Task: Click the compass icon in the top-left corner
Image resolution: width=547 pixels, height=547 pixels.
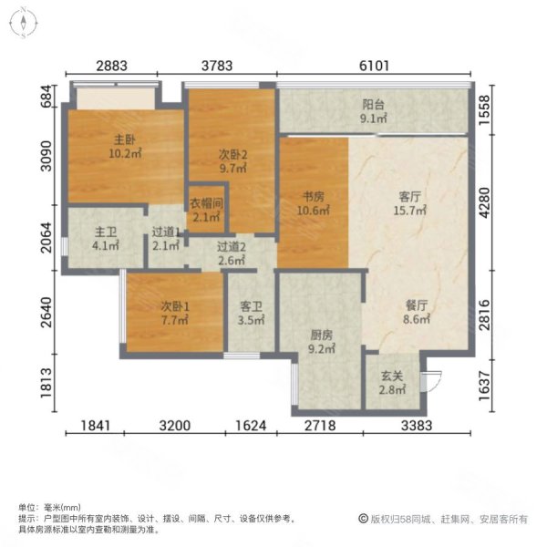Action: [x=23, y=23]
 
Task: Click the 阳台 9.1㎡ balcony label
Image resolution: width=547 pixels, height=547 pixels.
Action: [x=375, y=110]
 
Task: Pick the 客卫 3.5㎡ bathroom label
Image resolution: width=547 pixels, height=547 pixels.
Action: [x=251, y=315]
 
